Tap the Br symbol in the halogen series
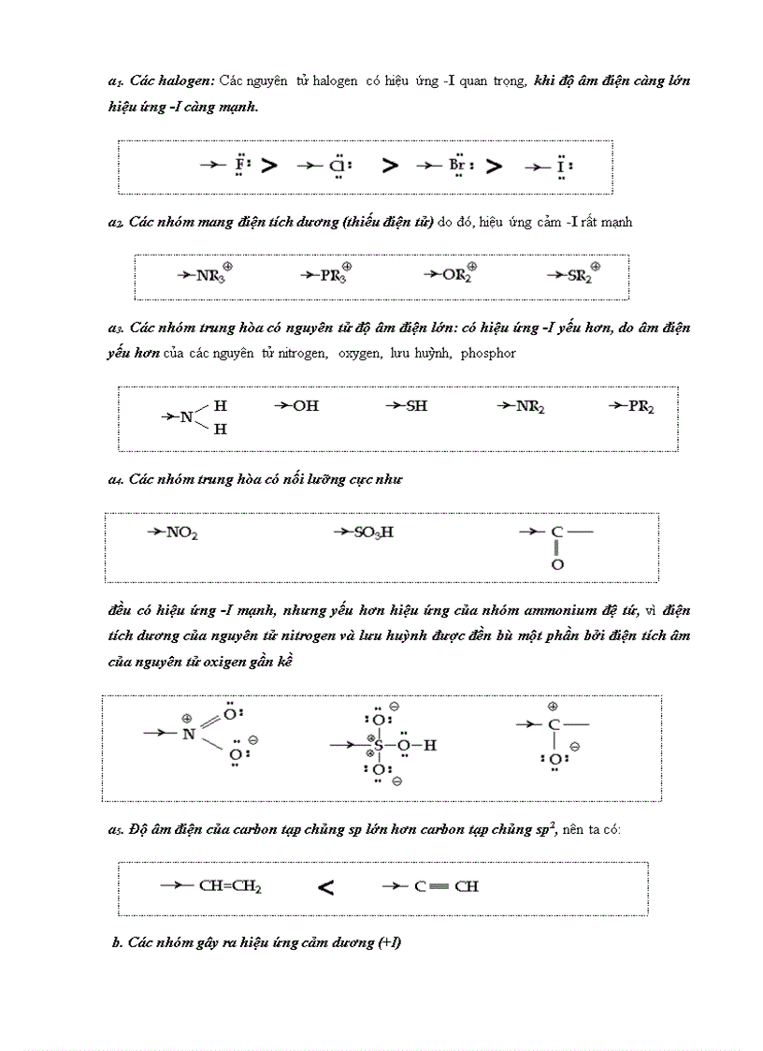(457, 167)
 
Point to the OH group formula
(306, 406)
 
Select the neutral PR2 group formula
(641, 406)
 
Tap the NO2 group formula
(181, 533)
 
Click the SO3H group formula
(373, 533)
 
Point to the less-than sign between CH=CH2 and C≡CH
(326, 887)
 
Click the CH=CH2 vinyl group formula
(230, 885)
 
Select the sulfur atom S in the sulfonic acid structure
(379, 746)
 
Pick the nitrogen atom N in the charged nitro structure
(189, 734)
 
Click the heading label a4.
(116, 480)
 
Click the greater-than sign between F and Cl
(269, 167)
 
